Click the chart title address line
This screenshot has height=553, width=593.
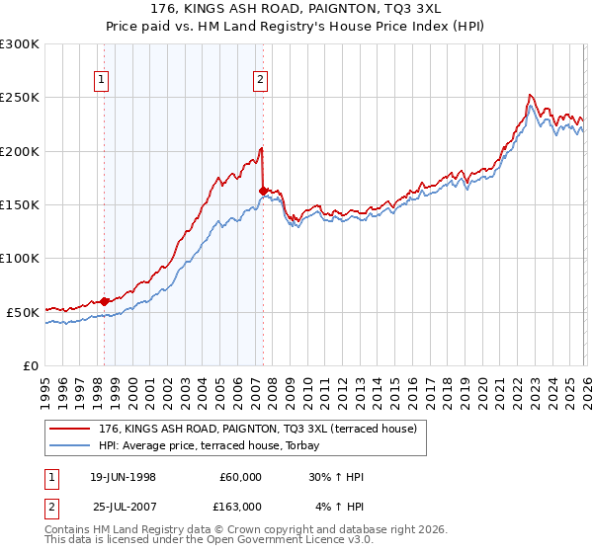point(296,8)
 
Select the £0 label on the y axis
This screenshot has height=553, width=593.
point(32,365)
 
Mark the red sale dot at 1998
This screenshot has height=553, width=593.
point(105,301)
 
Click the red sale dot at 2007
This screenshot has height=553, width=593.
point(263,191)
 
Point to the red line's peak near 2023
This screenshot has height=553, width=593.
point(530,95)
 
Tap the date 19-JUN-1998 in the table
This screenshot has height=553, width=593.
point(125,477)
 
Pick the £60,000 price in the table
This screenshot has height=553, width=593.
point(239,477)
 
